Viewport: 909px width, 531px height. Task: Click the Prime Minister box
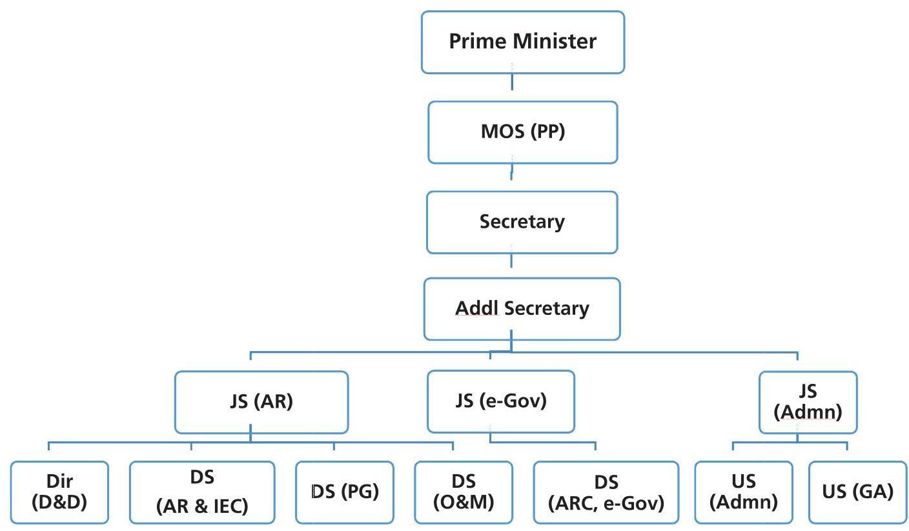522,42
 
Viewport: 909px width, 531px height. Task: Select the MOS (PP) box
522,132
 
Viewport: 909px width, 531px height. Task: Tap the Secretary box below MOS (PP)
522,222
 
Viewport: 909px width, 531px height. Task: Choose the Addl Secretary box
522,308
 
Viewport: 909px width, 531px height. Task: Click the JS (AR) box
261,401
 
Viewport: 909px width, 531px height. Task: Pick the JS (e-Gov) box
500,401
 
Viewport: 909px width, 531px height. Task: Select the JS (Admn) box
808,401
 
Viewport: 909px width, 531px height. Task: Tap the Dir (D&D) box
59,492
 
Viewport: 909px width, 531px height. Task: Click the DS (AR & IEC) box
201,492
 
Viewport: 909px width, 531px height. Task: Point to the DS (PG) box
344,492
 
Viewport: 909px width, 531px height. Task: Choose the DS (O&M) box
463,492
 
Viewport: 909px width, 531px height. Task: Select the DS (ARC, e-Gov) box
606,492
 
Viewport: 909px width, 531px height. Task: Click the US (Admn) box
743,492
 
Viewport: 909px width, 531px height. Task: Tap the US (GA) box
857,492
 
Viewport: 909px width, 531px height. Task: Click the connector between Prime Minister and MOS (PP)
512,82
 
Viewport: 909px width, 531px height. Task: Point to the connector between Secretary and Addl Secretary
511,261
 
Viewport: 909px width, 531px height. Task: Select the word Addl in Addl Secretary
476,308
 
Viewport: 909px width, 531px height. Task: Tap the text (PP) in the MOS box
547,132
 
